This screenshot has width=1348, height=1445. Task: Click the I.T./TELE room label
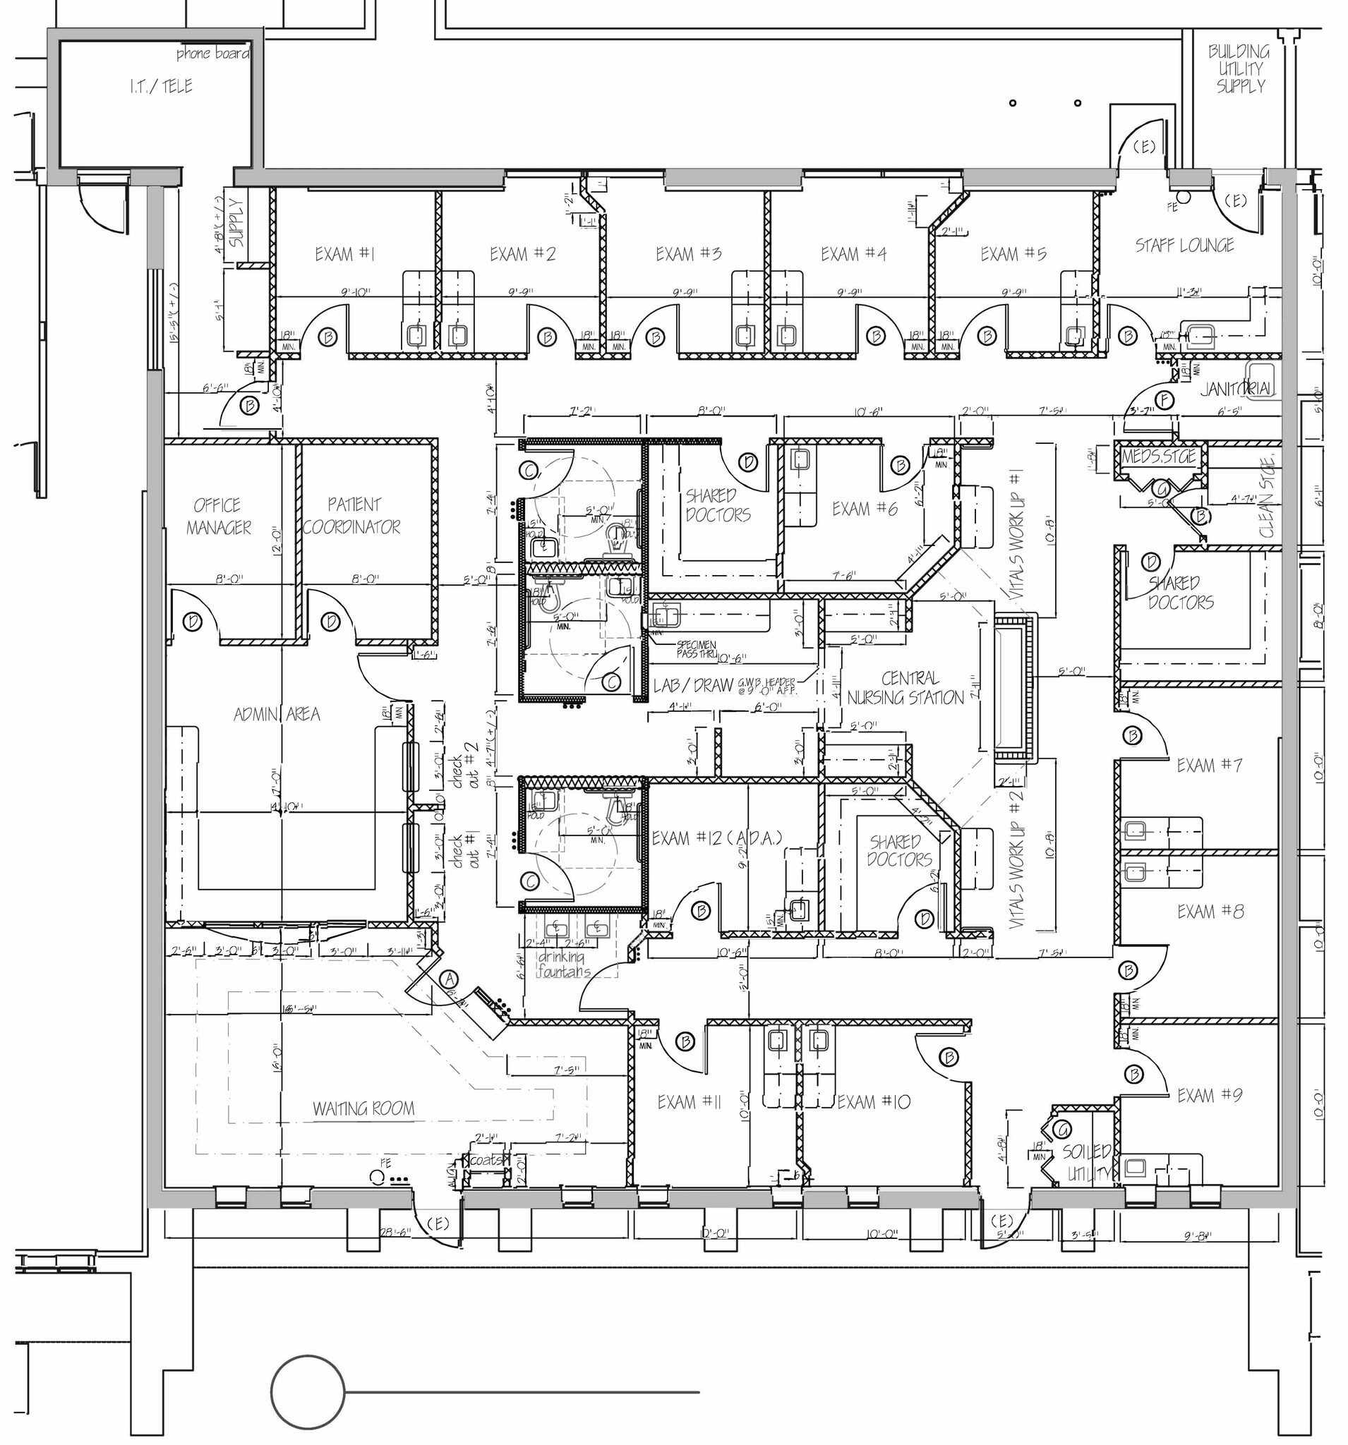[x=162, y=87]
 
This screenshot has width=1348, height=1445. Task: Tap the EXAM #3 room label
[x=688, y=254]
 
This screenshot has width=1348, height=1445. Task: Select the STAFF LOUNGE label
[x=1184, y=246]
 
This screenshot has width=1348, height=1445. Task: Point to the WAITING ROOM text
[x=363, y=1108]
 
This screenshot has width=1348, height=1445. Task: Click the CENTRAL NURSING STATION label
[x=907, y=688]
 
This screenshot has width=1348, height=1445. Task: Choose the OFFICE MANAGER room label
[x=217, y=516]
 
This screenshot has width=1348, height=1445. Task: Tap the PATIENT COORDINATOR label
[x=353, y=515]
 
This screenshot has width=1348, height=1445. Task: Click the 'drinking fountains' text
[x=563, y=965]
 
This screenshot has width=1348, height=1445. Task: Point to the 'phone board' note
[x=212, y=54]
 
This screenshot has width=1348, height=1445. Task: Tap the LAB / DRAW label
[x=693, y=684]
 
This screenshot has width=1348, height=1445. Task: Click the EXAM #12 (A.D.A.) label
[x=716, y=838]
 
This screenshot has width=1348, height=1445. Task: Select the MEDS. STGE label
[x=1158, y=457]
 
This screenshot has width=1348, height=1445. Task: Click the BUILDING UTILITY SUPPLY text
[x=1239, y=69]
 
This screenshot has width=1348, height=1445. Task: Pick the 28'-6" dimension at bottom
[x=395, y=1233]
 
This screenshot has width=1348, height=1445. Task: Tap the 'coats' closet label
[x=486, y=1160]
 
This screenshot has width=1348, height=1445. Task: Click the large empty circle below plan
[x=308, y=1392]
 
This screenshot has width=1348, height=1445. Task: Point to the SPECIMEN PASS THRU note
[x=697, y=649]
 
